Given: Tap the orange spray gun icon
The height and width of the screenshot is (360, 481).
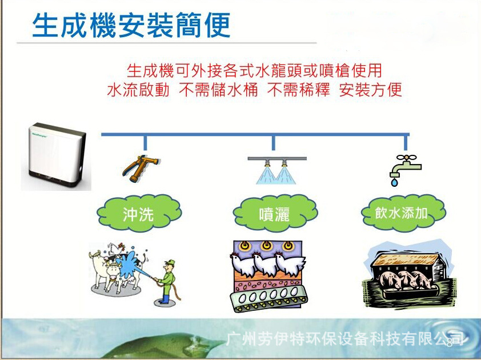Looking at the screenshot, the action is click(x=140, y=169).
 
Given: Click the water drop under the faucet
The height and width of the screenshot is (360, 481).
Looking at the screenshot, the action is click(x=394, y=183).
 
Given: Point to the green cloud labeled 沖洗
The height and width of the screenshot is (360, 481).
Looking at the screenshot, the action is click(x=139, y=213).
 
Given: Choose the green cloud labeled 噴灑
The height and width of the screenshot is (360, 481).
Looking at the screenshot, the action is click(x=275, y=213).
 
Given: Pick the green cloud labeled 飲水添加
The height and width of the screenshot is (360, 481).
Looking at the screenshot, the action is click(x=403, y=213).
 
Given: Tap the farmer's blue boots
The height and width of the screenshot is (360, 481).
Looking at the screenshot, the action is click(x=165, y=299).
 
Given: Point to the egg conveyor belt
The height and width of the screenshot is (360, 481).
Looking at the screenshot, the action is click(x=268, y=298).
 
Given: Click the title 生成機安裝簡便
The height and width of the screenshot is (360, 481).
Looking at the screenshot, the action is click(x=131, y=25).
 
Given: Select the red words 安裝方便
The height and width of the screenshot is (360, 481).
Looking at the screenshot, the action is click(x=371, y=90).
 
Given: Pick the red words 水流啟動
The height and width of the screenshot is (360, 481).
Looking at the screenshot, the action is click(x=138, y=90).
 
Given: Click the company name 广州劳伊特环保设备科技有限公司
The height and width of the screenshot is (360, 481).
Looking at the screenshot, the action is click(x=344, y=339).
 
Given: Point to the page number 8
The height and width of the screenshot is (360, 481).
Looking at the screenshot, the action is click(x=450, y=343).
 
